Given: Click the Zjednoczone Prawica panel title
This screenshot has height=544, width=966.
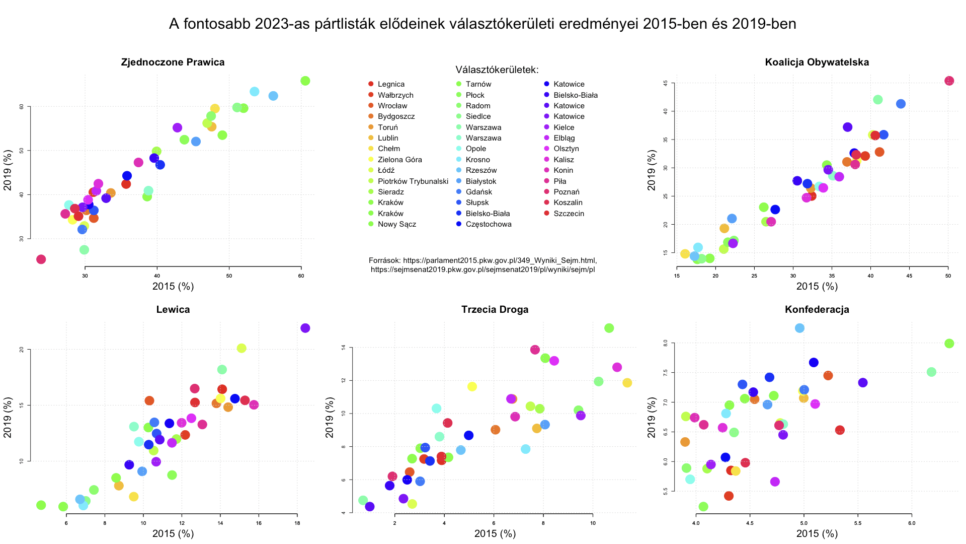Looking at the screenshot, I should pos(173,62).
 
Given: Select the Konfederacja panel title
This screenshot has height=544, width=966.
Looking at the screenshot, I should pos(817,310).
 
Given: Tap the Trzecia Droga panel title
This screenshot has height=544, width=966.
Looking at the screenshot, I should pos(495,310).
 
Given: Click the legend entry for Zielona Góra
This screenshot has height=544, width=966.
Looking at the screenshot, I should pos(399,160).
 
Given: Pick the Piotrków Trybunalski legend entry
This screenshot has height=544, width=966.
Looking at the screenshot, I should pos(413,181).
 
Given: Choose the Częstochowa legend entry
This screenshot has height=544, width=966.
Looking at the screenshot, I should pos(488,224).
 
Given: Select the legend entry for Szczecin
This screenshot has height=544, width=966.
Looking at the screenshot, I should pos(569,214).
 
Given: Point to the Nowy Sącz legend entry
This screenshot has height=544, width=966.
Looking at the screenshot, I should pos(396,224).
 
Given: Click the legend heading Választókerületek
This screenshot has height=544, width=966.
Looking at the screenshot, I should pos(497,70).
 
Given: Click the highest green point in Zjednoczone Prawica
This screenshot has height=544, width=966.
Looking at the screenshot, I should pos(305,81).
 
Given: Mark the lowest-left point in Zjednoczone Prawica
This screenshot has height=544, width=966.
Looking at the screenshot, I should pos(41,259).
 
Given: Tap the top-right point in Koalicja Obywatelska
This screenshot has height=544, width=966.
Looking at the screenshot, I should pos(949,81).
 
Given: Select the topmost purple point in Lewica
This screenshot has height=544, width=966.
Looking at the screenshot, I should pos(305,328).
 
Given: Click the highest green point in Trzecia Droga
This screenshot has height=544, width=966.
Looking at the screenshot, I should pos(609,328).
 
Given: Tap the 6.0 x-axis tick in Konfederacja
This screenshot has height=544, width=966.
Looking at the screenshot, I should pos(912,523).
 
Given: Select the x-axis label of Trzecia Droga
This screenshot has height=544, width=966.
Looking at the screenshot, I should pos(495,534).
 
